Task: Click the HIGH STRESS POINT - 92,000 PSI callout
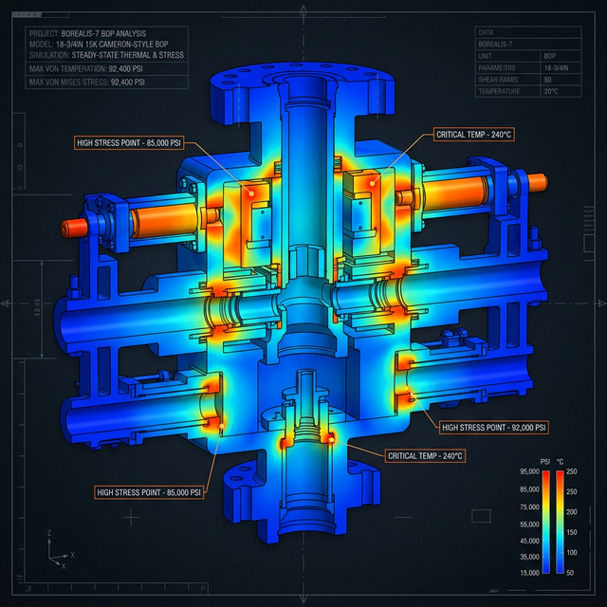pyautogui.click(x=494, y=428)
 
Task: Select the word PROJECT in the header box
pyautogui.click(x=44, y=33)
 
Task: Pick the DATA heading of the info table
pyautogui.click(x=487, y=32)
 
